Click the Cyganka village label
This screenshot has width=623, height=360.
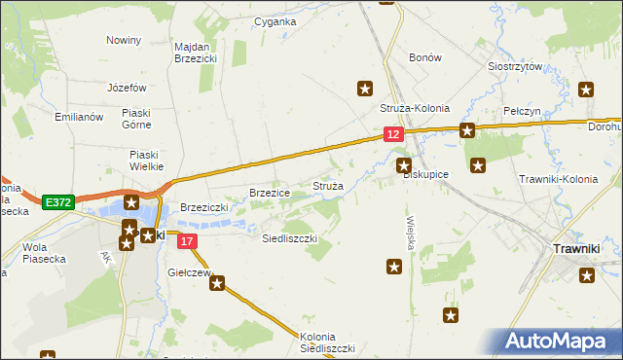click(275, 20)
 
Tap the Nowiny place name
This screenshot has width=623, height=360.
click(124, 40)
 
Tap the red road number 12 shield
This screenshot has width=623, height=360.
click(392, 135)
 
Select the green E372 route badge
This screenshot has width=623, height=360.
click(58, 202)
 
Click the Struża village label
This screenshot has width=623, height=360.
click(326, 185)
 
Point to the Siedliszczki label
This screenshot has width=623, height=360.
click(290, 237)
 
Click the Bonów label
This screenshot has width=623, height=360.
click(425, 58)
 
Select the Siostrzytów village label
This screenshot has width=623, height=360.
click(514, 67)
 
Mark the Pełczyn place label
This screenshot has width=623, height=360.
click(523, 112)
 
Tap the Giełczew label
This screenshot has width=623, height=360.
click(190, 272)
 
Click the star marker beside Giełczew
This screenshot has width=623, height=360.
click(217, 284)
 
